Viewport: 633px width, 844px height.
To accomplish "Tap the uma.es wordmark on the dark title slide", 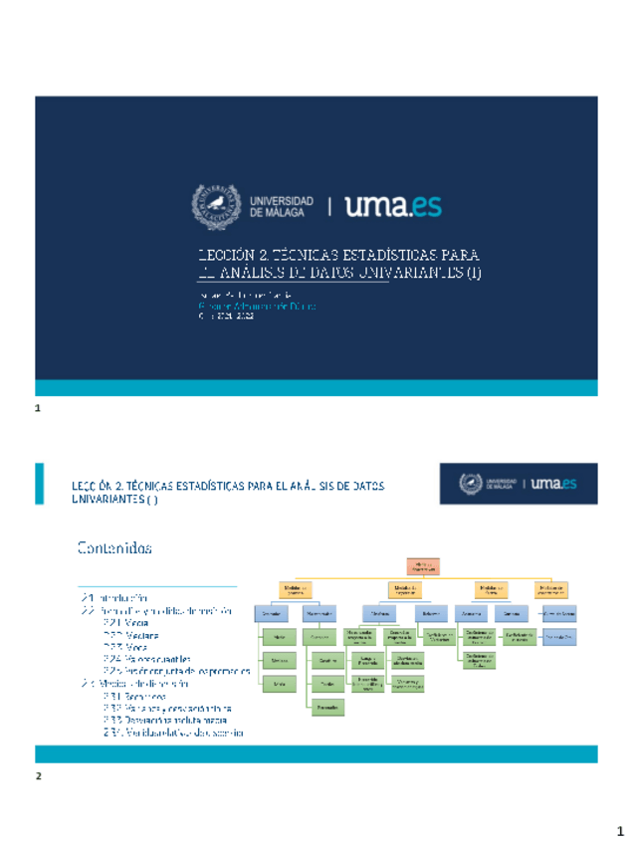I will pos(393,205).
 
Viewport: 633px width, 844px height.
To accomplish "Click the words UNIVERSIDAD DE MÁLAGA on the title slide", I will pos(282,205).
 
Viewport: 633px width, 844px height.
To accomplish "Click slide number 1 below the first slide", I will pos(38,409).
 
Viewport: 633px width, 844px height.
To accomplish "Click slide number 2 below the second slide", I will pos(38,774).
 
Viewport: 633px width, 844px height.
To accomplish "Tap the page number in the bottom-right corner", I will pos(617,829).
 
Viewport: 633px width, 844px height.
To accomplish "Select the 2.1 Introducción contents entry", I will pos(115,597).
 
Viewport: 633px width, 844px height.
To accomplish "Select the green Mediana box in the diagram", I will pos(279,660).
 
